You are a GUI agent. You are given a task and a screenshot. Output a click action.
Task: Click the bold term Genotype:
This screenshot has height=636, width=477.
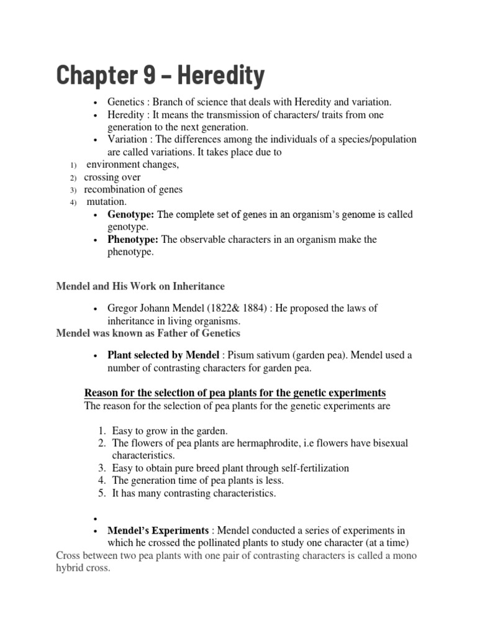[x=130, y=214]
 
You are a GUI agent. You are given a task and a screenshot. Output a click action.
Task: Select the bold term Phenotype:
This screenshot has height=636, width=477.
[x=133, y=239]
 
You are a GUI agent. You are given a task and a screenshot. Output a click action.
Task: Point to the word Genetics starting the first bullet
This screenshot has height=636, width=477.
[x=126, y=102]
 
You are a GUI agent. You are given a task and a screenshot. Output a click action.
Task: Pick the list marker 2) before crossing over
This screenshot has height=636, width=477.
[x=72, y=178]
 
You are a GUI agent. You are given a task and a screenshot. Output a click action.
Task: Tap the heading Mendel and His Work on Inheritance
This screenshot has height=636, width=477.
[x=140, y=286]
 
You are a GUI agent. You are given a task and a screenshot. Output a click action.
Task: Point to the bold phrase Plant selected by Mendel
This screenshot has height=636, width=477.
[x=163, y=355]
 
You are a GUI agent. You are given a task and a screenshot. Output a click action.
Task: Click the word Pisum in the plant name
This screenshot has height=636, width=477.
[x=240, y=355]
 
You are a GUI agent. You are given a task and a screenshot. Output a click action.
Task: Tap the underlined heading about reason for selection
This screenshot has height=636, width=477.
[x=235, y=393]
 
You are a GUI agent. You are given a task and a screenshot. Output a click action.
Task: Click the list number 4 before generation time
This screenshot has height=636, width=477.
[x=102, y=481]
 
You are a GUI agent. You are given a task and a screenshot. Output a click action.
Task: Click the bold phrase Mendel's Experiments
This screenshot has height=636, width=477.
[x=158, y=530]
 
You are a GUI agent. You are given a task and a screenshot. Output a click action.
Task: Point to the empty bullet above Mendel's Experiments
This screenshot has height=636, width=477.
[x=95, y=518]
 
